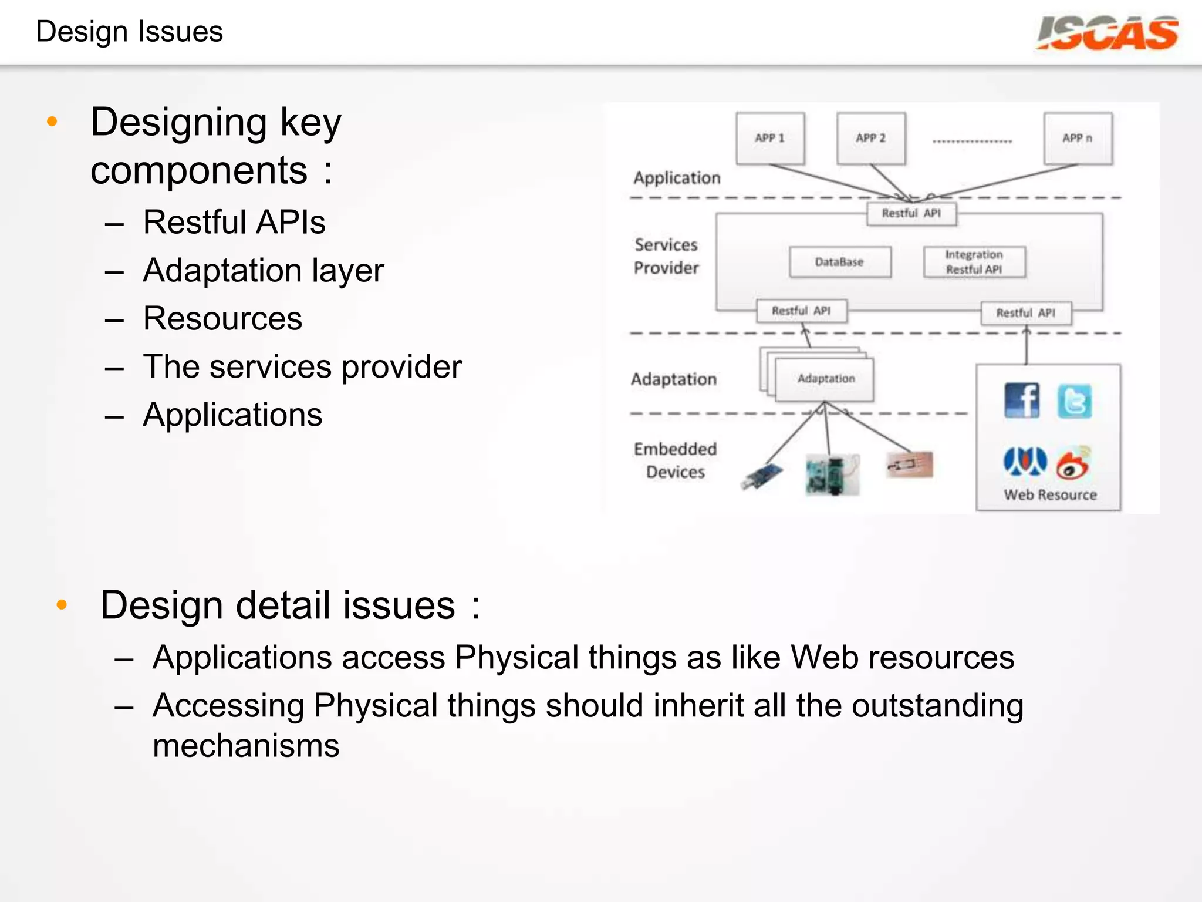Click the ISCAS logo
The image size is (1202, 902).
[1107, 33]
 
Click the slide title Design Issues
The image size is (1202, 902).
[129, 32]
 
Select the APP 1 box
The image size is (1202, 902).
[770, 139]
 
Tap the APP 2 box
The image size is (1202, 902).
[871, 139]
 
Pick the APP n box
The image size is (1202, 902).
[1078, 139]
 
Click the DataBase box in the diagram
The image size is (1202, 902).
[840, 262]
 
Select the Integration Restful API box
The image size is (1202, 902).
[974, 262]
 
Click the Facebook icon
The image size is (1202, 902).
[1022, 400]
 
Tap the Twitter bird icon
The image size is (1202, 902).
[1075, 402]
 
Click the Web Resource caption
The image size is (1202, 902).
[1050, 495]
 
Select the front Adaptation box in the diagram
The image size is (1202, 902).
[825, 379]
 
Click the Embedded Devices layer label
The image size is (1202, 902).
[675, 460]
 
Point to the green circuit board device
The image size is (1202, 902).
[832, 474]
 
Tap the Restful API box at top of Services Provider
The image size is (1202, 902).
[911, 214]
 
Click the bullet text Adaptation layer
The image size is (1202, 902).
[263, 271]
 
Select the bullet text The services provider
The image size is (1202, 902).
[302, 367]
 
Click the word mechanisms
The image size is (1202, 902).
[246, 746]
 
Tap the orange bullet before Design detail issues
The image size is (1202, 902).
[62, 605]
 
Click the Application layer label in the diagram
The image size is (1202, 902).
[677, 178]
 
